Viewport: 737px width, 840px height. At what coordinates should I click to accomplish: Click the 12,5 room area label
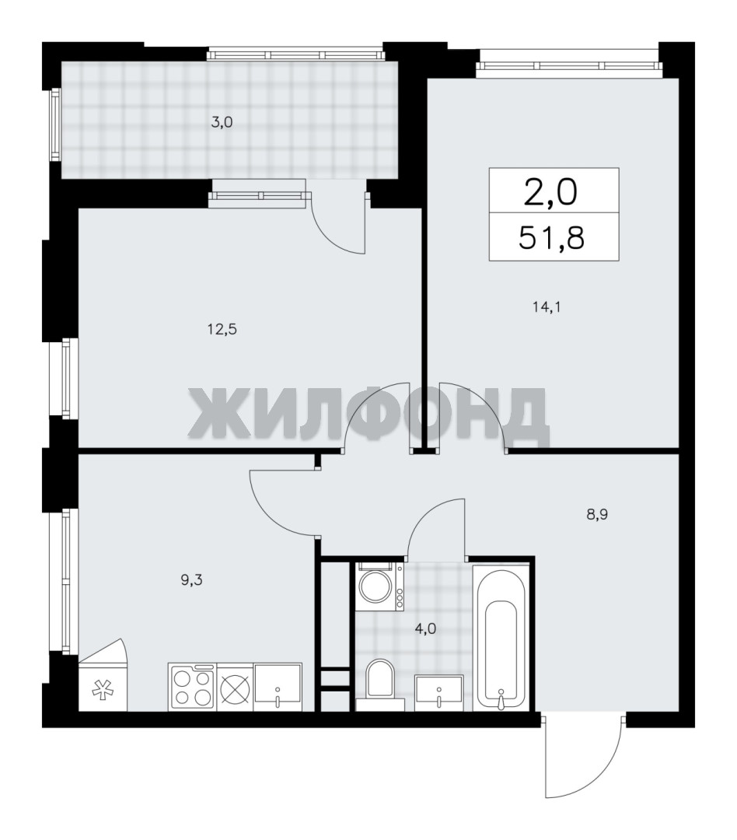222,329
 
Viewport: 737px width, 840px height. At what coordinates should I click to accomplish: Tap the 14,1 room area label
547,307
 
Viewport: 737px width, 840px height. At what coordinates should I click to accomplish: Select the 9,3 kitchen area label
191,580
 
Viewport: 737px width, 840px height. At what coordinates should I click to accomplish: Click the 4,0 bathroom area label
426,629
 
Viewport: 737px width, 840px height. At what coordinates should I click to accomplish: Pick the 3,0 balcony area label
222,123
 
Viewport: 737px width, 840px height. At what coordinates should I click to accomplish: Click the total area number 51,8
551,237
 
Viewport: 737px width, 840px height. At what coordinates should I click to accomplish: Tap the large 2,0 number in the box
551,192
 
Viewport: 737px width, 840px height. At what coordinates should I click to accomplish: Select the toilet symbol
379,679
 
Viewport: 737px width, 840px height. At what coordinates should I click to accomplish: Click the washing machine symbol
379,586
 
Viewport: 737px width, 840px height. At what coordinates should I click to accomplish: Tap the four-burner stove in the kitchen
192,688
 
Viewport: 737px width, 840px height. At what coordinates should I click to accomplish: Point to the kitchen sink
278,688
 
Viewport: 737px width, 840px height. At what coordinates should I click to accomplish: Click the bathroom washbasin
438,693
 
